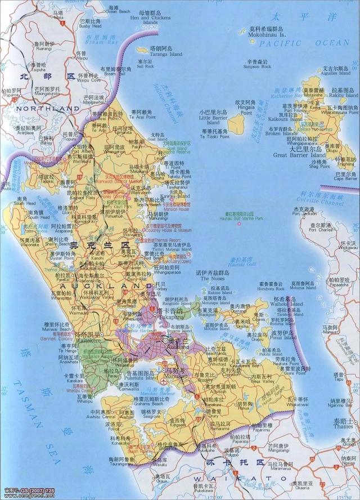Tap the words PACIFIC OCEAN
click(x=306, y=43)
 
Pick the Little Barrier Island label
click(x=213, y=118)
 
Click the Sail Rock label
click(x=145, y=66)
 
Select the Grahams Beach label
click(x=148, y=404)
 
